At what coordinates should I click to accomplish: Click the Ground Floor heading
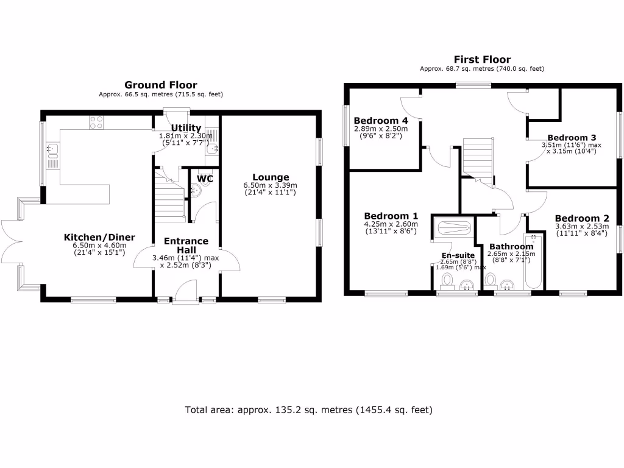[160, 85]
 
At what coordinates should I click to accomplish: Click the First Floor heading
[482, 60]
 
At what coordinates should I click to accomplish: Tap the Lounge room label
[269, 177]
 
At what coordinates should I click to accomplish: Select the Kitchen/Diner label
[100, 237]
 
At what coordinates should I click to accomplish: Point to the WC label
[204, 179]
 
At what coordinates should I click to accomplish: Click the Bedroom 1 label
[391, 216]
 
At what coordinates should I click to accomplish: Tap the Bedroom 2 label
[581, 218]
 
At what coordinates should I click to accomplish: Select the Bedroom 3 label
[571, 138]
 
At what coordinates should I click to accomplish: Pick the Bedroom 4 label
[381, 120]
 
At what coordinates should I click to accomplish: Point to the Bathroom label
[511, 246]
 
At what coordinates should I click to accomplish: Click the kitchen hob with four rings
[96, 122]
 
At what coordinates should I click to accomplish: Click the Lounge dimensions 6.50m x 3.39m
[269, 185]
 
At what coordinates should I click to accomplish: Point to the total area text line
[309, 410]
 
